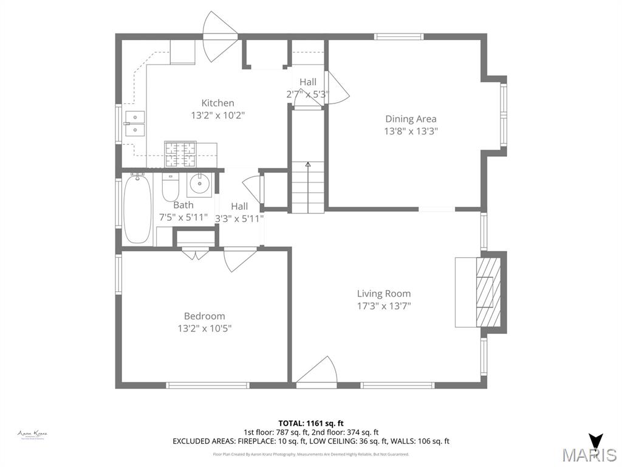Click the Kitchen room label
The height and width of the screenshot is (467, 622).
click(217, 103)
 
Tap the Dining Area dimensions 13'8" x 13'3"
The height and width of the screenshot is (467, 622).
click(411, 131)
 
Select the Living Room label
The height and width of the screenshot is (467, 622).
click(383, 294)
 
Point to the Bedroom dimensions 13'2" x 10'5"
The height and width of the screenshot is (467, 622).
click(204, 328)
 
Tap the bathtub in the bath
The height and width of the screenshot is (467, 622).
click(137, 209)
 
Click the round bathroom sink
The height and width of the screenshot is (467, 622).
click(199, 182)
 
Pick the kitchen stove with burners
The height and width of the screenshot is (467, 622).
click(180, 154)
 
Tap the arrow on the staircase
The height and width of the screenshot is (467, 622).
click(308, 165)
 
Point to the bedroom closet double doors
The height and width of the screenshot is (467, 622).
click(195, 254)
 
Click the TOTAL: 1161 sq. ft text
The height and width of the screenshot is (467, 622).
click(311, 423)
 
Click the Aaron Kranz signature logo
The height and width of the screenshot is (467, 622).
click(32, 434)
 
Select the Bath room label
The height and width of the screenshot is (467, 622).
click(183, 205)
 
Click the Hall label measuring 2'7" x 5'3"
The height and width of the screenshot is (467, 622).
click(307, 82)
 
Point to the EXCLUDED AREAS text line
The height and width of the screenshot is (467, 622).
click(311, 441)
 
